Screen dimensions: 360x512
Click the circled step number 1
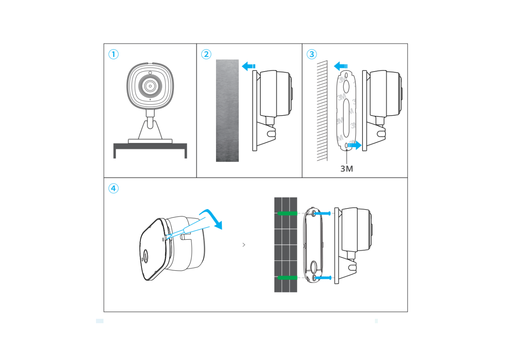114,54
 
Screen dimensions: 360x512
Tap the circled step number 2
206,54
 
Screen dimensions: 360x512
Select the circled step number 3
312,54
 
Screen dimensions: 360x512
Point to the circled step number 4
114,188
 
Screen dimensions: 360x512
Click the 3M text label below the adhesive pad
346,169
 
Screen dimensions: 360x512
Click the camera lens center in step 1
150,86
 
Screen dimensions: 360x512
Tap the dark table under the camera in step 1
150,146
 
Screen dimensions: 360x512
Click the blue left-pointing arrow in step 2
248,66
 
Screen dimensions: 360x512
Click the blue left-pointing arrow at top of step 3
340,66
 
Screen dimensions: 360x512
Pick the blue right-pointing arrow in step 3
354,145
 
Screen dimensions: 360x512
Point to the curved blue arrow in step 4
212,218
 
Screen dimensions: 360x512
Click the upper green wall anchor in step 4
287,213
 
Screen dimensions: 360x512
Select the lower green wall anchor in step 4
287,277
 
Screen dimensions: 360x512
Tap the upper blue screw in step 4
323,214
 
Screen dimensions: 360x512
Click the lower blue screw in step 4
323,277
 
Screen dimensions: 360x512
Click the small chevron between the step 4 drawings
244,245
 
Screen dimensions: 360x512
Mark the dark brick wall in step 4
286,245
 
